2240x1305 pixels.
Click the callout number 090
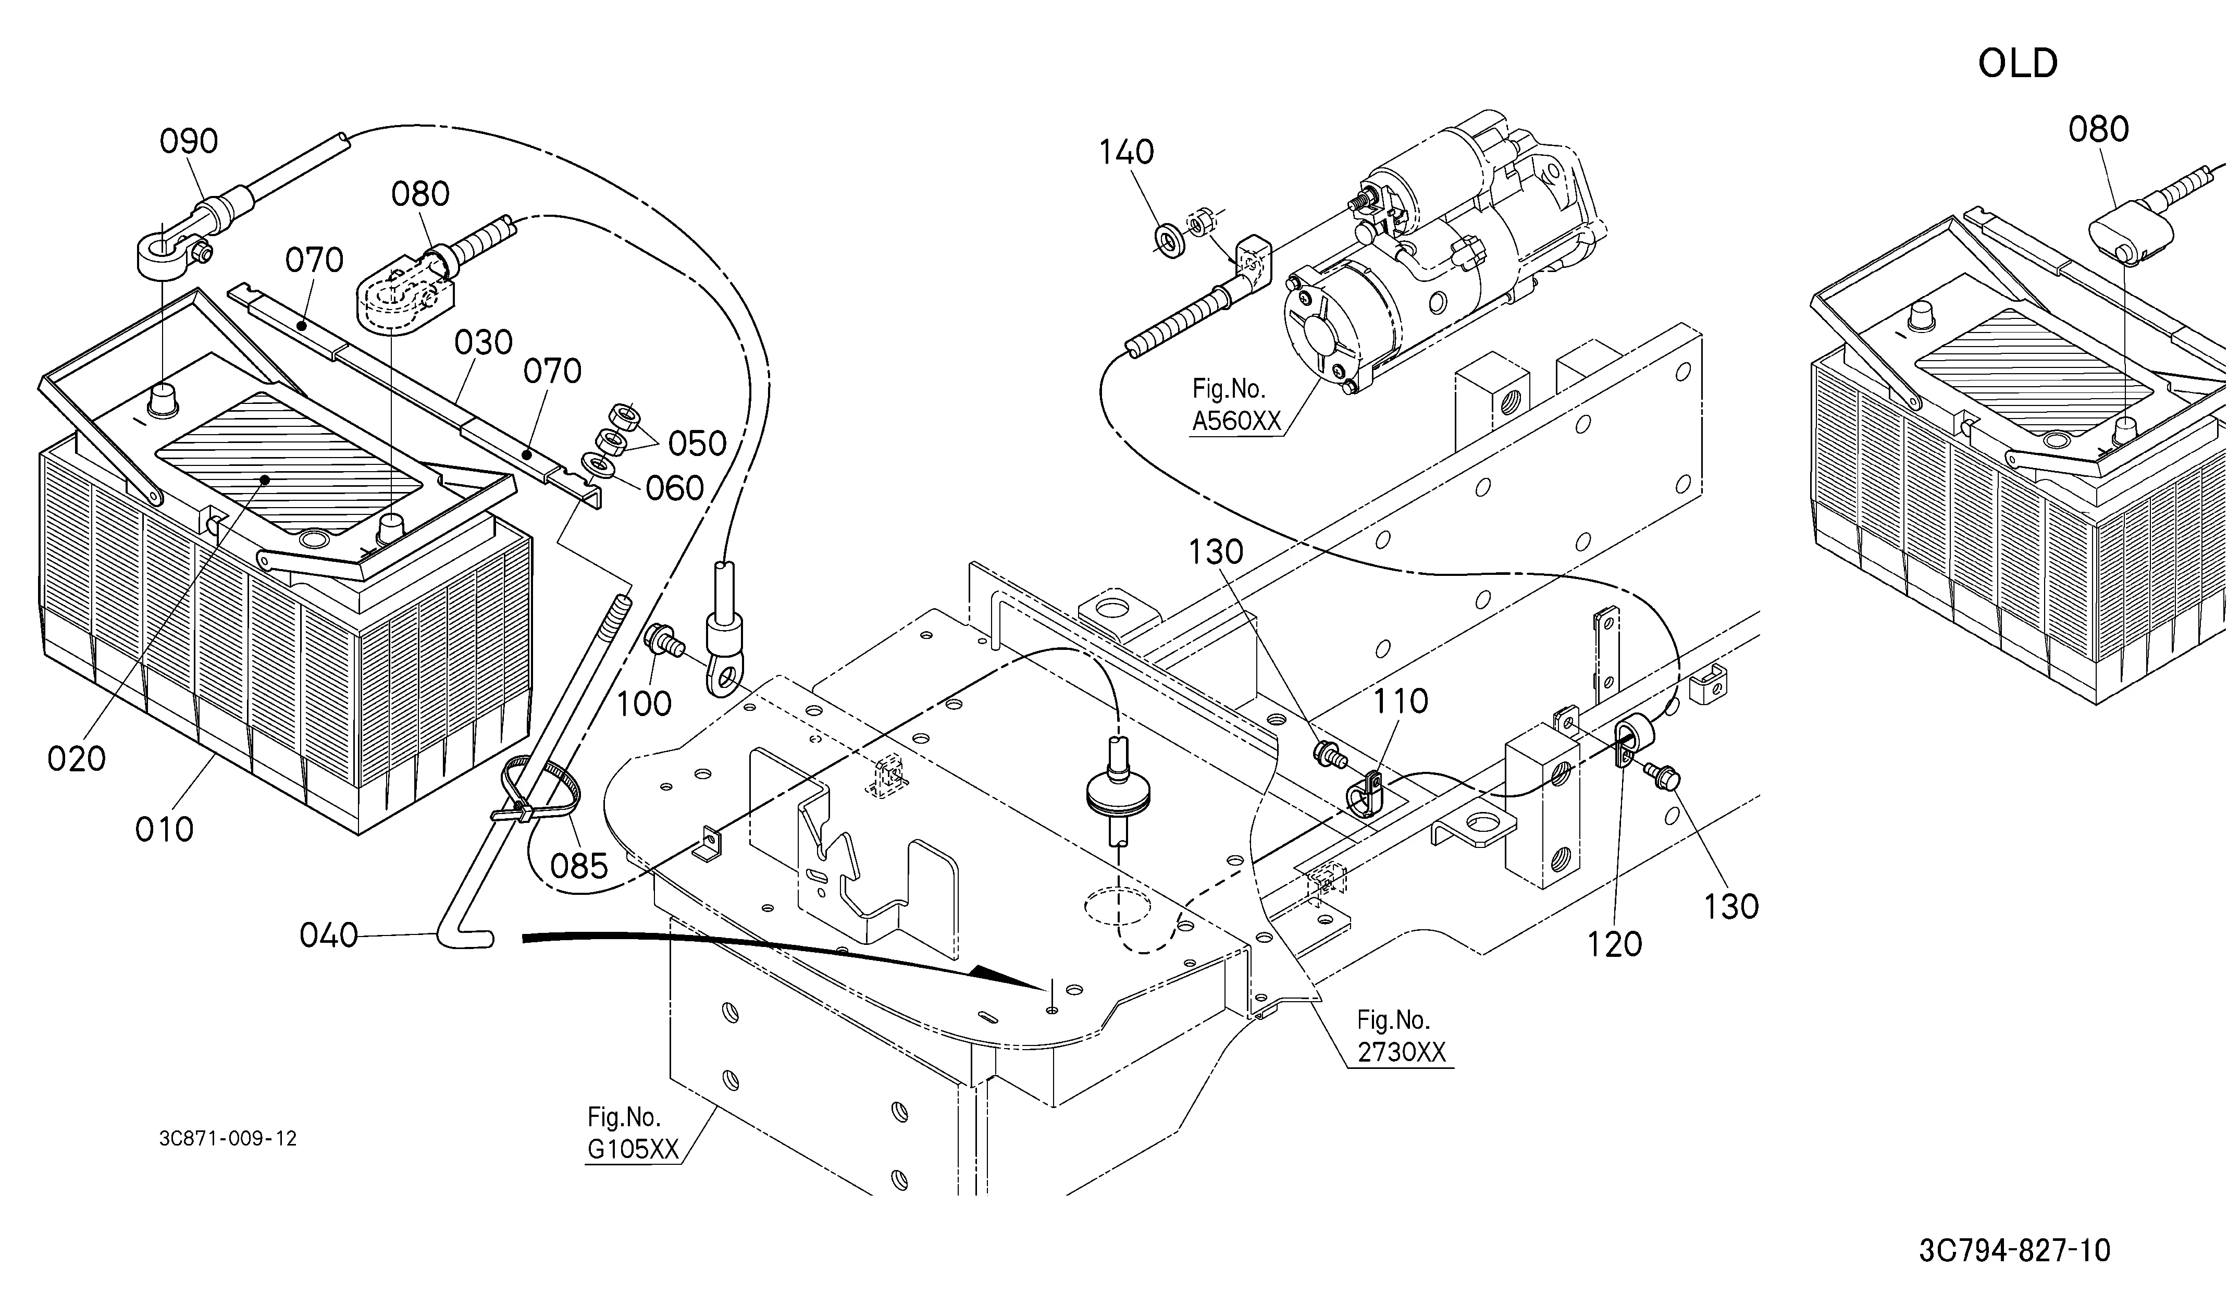189,141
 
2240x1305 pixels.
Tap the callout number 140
1126,152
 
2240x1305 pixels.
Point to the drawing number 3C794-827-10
2014,1251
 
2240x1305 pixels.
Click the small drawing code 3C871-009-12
228,1139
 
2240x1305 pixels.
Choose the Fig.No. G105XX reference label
633,1134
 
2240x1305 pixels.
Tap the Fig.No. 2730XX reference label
1402,1036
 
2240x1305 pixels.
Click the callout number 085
579,866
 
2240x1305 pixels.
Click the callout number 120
1614,944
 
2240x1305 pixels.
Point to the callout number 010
165,829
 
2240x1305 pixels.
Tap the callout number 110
1401,701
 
